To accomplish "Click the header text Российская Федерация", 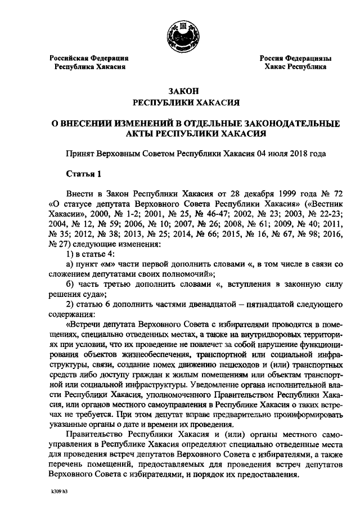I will click(x=89, y=58).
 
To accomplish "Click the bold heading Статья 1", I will click(x=82, y=174).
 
